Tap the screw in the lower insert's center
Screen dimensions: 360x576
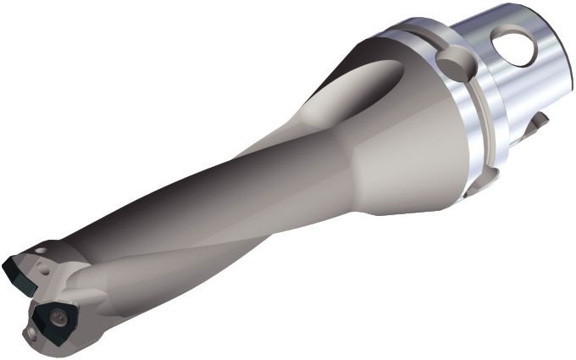[58, 318]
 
